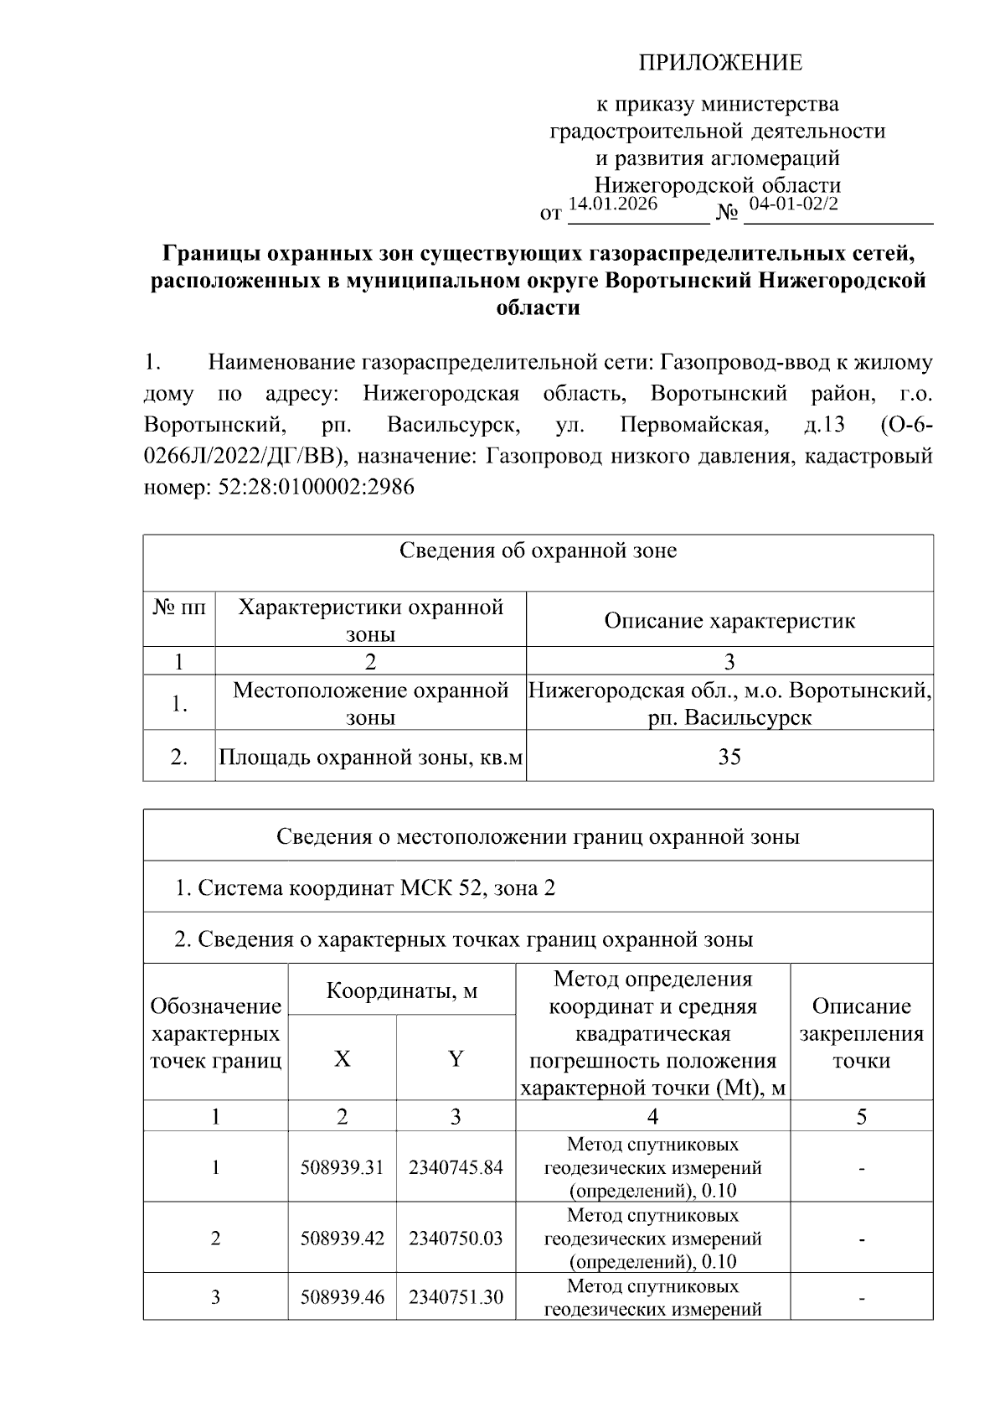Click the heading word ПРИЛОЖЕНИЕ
pos(720,63)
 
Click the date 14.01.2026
pos(612,204)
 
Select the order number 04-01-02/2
pos(793,204)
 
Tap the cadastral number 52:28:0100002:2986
pos(316,488)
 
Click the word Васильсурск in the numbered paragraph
pos(453,426)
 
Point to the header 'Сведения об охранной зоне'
pos(538,551)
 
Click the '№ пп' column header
pos(179,607)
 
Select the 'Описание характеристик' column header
pos(729,620)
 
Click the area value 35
pos(729,757)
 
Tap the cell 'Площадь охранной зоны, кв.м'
pos(371,758)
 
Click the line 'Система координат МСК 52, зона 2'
pos(365,887)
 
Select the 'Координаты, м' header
pos(401,990)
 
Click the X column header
pos(342,1059)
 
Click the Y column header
pos(456,1059)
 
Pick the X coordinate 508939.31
pos(342,1167)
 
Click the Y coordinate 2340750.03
pos(456,1238)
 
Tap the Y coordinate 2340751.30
pos(456,1298)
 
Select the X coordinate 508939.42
pos(342,1238)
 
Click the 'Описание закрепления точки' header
pos(861,1033)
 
